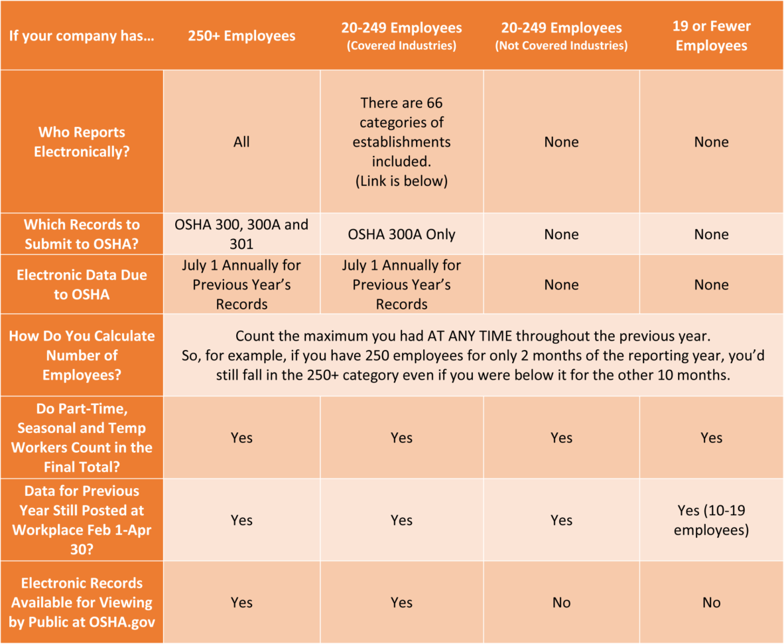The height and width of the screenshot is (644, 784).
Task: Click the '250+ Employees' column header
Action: point(241,36)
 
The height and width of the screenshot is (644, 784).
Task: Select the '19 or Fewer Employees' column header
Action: point(711,36)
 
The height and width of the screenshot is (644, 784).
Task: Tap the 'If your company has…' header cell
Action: point(82,36)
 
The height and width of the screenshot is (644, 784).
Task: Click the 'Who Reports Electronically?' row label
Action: point(82,141)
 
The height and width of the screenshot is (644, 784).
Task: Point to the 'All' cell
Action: point(241,141)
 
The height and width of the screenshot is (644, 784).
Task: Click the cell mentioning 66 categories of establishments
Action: point(401,141)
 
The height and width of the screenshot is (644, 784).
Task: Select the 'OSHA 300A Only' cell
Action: point(401,234)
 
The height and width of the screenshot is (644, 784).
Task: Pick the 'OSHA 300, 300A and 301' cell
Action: point(241,234)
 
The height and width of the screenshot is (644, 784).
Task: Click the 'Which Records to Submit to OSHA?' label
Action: point(82,234)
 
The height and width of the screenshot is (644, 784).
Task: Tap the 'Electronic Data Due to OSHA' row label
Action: point(82,284)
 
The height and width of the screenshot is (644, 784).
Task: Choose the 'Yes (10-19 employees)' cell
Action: point(711,521)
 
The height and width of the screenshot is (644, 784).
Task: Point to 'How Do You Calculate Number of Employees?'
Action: point(82,355)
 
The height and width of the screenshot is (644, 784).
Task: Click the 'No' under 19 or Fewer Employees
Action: point(711,603)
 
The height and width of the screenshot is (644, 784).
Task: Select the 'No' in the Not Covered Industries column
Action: point(561,603)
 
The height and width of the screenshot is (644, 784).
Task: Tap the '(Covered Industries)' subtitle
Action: point(401,46)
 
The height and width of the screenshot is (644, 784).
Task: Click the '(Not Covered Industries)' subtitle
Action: point(561,46)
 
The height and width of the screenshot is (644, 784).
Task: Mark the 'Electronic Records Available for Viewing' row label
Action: point(82,602)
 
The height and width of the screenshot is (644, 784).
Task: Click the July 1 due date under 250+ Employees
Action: point(241,284)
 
